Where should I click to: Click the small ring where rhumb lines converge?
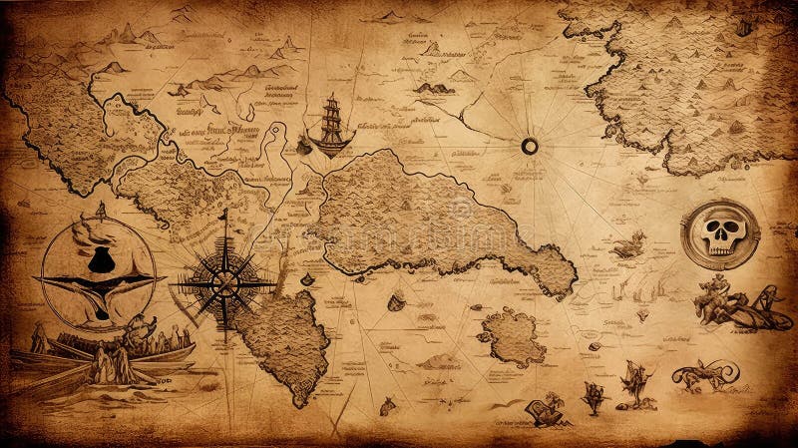(530, 147)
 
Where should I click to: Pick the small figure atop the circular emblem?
(100, 210)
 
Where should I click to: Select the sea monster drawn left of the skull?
(630, 242)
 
